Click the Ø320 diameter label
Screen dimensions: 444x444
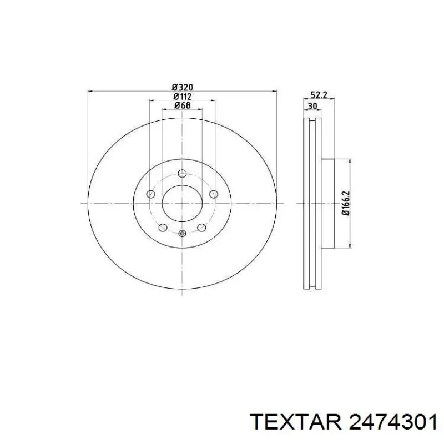(x=183, y=87)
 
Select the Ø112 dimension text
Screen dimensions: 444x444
(x=183, y=96)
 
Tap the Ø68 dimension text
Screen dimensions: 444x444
(x=183, y=105)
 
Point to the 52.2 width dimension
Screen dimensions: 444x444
(x=319, y=95)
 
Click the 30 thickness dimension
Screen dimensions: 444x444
(x=312, y=106)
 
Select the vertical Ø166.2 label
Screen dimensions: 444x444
(x=346, y=203)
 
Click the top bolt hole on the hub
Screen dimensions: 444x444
(x=183, y=173)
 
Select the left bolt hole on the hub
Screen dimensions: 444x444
(x=151, y=194)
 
